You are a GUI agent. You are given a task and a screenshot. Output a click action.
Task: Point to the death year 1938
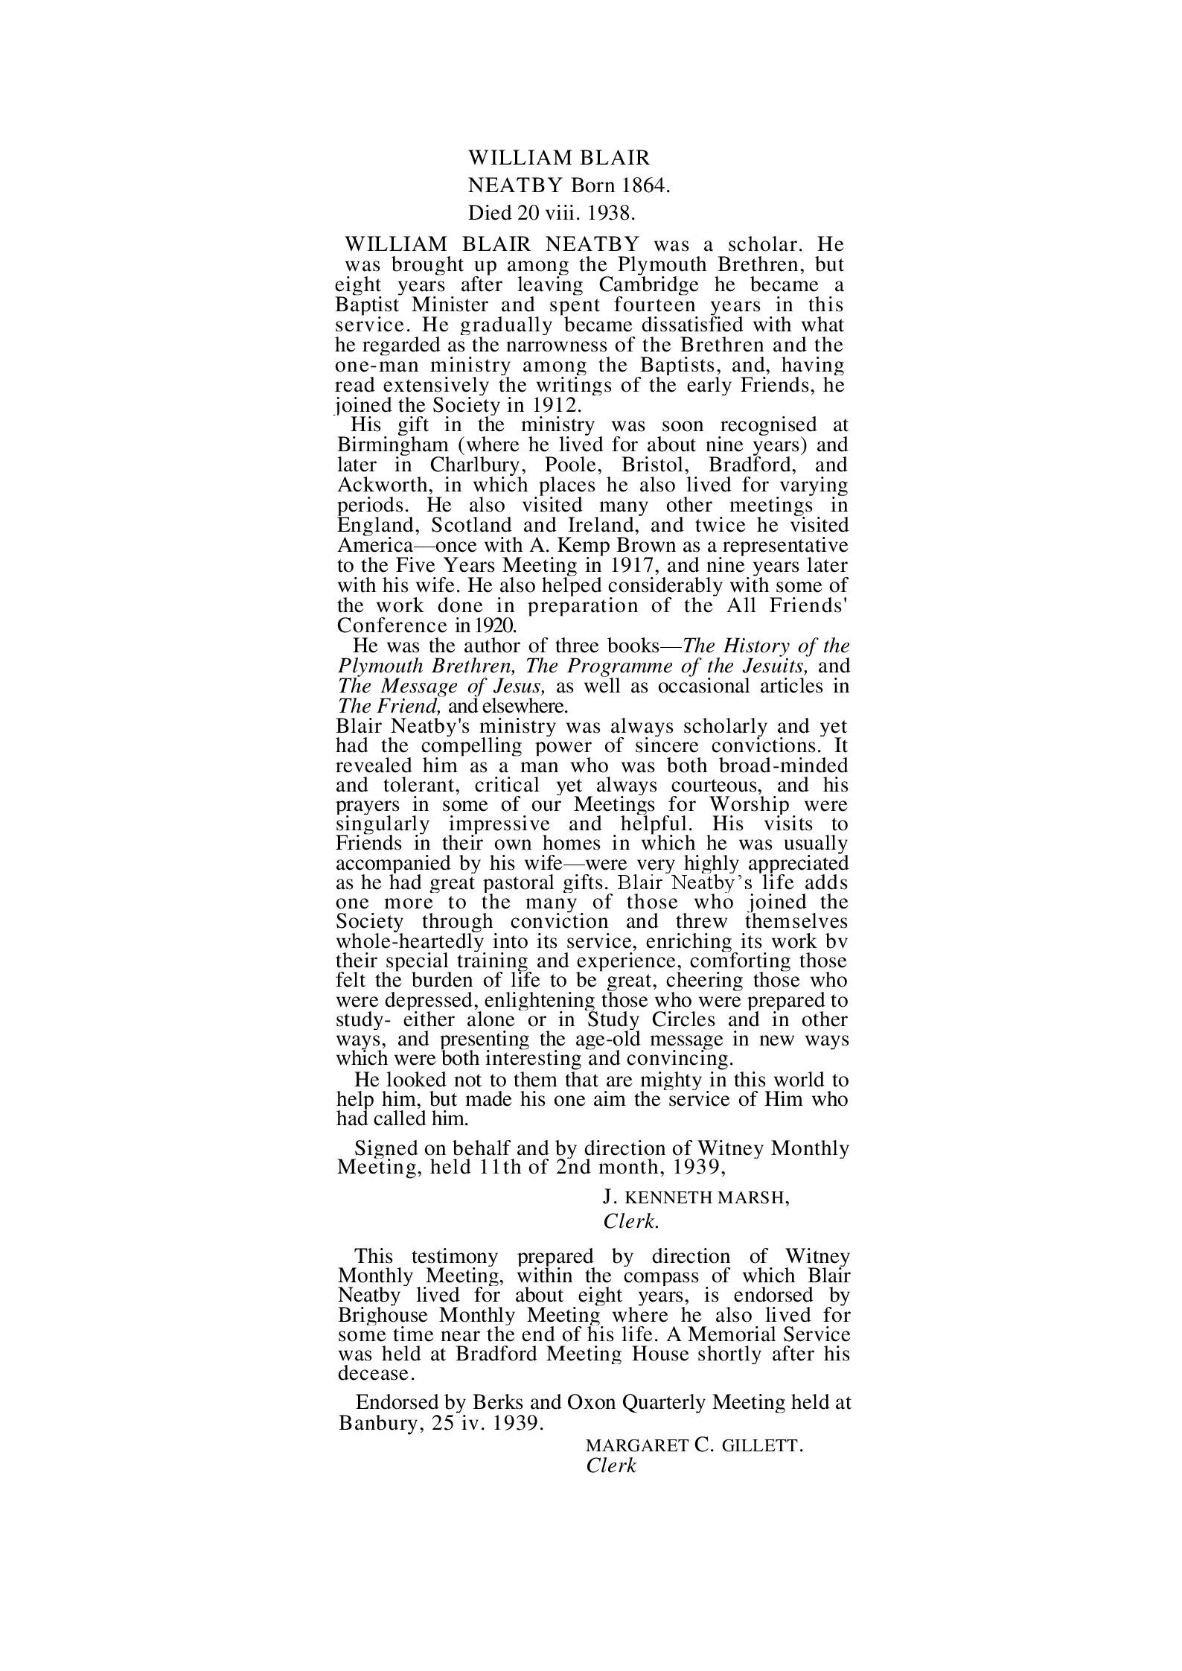pos(610,214)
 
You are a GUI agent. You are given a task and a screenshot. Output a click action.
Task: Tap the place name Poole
pos(575,465)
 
